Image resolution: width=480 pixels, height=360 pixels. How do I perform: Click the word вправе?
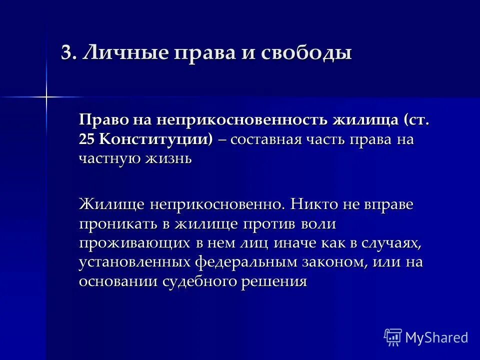click(391, 204)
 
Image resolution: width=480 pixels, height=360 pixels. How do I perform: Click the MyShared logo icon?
click(392, 337)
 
